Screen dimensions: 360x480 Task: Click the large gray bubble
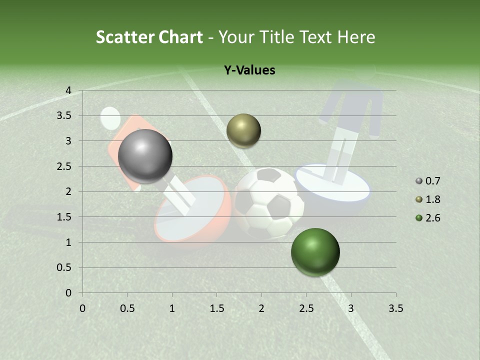(x=145, y=156)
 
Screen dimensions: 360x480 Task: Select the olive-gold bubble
(x=243, y=130)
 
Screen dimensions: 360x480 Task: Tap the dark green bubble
(x=315, y=252)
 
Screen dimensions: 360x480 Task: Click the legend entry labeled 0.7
(x=432, y=181)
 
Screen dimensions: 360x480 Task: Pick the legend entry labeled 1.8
(x=432, y=199)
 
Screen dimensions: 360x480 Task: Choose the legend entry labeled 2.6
(x=432, y=218)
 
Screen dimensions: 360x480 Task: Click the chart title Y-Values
(x=249, y=70)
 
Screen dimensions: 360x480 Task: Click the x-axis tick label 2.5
(x=306, y=308)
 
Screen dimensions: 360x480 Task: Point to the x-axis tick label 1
(x=172, y=308)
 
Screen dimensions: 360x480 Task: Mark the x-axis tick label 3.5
(x=395, y=308)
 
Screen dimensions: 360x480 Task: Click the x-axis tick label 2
(x=261, y=308)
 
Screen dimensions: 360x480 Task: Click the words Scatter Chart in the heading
(x=149, y=37)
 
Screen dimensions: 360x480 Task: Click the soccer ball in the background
(x=269, y=202)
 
